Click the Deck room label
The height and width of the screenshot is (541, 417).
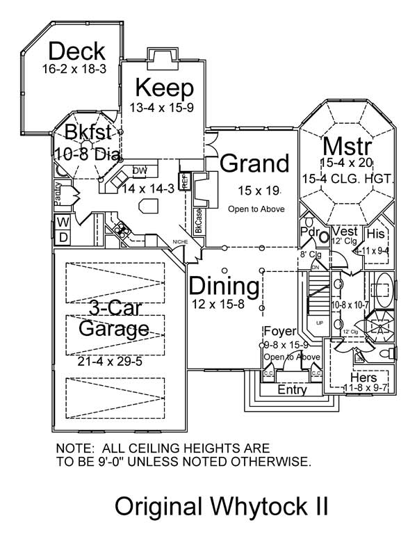click(77, 51)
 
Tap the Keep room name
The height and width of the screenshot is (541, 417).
click(163, 88)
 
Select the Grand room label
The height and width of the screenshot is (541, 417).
click(254, 163)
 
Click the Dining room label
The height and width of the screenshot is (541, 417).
click(224, 286)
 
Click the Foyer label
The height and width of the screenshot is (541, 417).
click(281, 331)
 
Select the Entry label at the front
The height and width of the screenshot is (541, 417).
click(291, 390)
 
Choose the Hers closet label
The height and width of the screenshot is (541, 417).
click(363, 378)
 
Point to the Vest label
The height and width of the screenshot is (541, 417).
click(345, 231)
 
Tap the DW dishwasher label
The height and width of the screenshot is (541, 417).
click(139, 170)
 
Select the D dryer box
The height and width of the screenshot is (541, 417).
click(62, 238)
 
